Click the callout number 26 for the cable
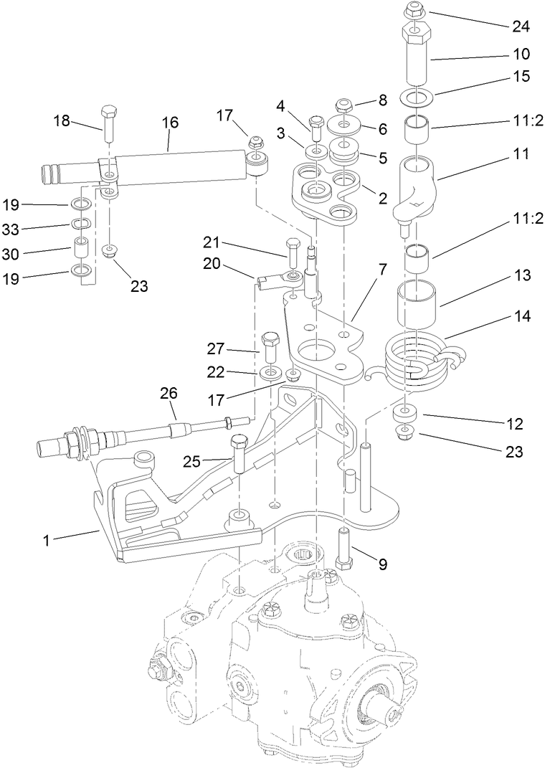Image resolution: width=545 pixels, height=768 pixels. [168, 393]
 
